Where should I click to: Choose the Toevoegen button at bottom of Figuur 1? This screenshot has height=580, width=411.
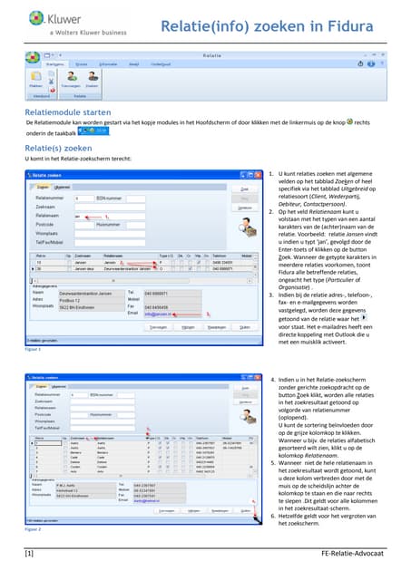click(158, 328)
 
